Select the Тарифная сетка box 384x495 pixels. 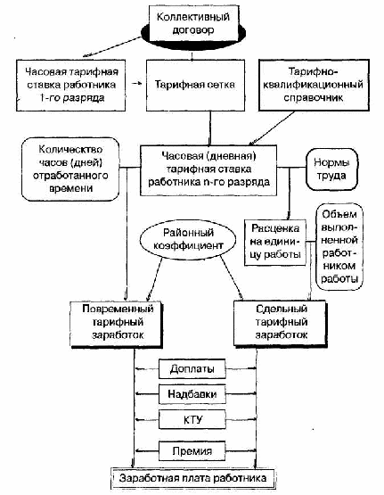pyautogui.click(x=195, y=86)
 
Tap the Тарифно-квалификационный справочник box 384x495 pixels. pyautogui.click(x=314, y=85)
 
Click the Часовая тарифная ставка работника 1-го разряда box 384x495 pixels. pyautogui.click(x=71, y=86)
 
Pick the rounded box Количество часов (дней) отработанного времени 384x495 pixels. pyautogui.click(x=70, y=169)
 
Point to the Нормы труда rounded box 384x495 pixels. pyautogui.click(x=332, y=169)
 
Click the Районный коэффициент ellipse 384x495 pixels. pyautogui.click(x=188, y=240)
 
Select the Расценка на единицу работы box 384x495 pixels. pyautogui.click(x=275, y=242)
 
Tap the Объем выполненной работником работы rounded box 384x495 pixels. pyautogui.click(x=339, y=247)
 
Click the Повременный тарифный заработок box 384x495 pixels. pyautogui.click(x=117, y=325)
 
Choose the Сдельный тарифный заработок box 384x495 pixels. pyautogui.click(x=281, y=323)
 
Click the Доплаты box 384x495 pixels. pyautogui.click(x=192, y=368)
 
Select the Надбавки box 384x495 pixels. pyautogui.click(x=192, y=394)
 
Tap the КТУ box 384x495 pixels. pyautogui.click(x=192, y=419)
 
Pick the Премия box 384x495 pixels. pyautogui.click(x=192, y=451)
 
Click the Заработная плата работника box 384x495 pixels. pyautogui.click(x=193, y=478)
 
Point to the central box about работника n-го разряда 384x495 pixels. pyautogui.click(x=208, y=170)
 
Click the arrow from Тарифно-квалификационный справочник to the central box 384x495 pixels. pyautogui.click(x=274, y=128)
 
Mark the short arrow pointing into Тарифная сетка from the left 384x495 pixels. pyautogui.click(x=136, y=84)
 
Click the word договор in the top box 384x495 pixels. pyautogui.click(x=193, y=30)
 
